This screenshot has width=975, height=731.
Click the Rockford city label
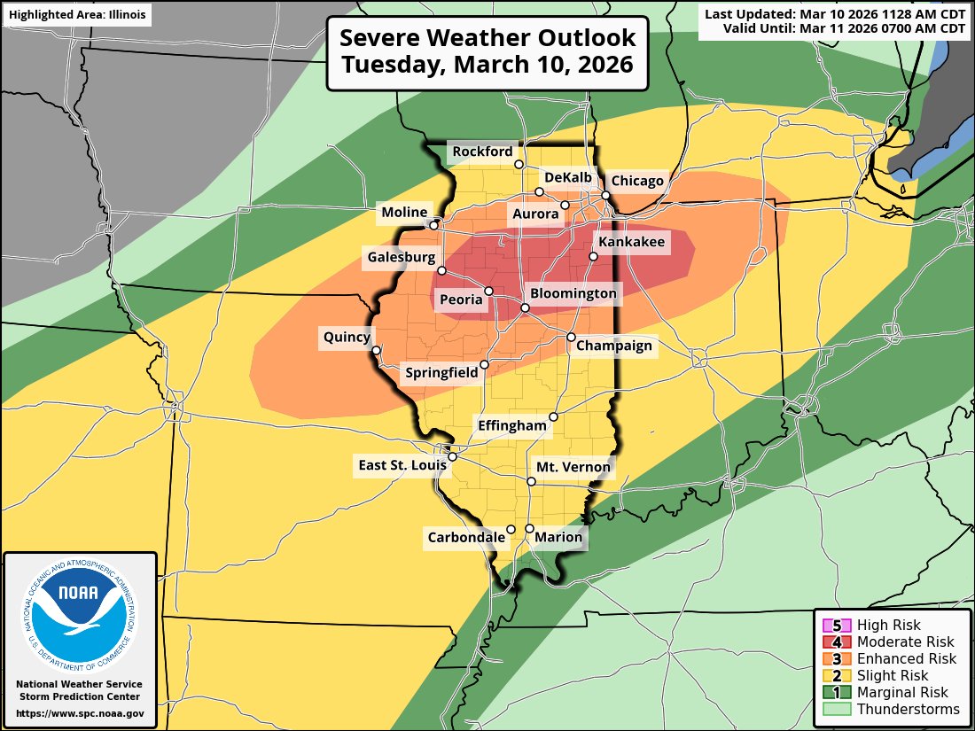coord(482,152)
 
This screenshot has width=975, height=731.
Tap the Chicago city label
coord(637,181)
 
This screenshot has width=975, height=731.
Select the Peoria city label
coord(462,299)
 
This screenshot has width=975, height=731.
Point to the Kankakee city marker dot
coord(594,257)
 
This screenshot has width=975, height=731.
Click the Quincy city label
coord(346,337)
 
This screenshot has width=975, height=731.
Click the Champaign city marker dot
coord(571,337)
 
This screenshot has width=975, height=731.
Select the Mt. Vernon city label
coord(573,467)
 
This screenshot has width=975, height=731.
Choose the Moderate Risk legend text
coord(906,642)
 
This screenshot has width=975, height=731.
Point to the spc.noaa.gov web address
coord(80,713)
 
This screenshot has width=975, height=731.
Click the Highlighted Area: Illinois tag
coord(75,15)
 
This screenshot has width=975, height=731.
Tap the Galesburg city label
coord(400,258)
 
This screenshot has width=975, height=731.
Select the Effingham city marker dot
coord(553,416)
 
